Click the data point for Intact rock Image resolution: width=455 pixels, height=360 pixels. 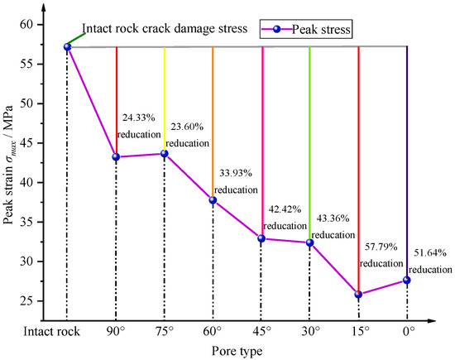(67, 46)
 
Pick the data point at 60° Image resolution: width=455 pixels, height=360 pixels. (213, 200)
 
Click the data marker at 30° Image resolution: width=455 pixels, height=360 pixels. (309, 242)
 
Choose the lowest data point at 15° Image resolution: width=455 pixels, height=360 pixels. (358, 294)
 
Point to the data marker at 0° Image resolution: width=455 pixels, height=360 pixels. (406, 280)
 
